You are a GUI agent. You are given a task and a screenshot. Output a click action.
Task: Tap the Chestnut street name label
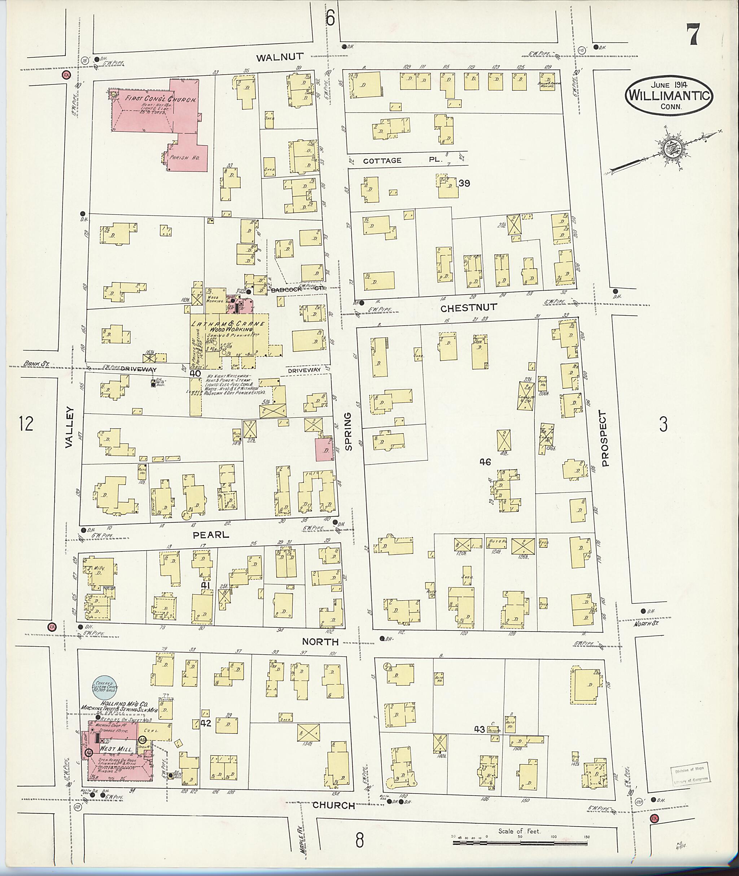click(468, 307)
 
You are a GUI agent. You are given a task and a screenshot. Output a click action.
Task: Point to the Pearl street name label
click(211, 535)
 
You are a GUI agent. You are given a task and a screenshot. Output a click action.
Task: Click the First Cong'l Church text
click(161, 99)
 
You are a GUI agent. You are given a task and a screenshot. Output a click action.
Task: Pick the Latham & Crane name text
click(228, 324)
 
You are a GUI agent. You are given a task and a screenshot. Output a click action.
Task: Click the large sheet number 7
click(693, 34)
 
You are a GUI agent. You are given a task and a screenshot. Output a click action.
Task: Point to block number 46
click(485, 462)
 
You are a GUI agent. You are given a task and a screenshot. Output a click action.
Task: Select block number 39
click(464, 183)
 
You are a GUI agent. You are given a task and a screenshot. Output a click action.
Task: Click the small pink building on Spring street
click(325, 449)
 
